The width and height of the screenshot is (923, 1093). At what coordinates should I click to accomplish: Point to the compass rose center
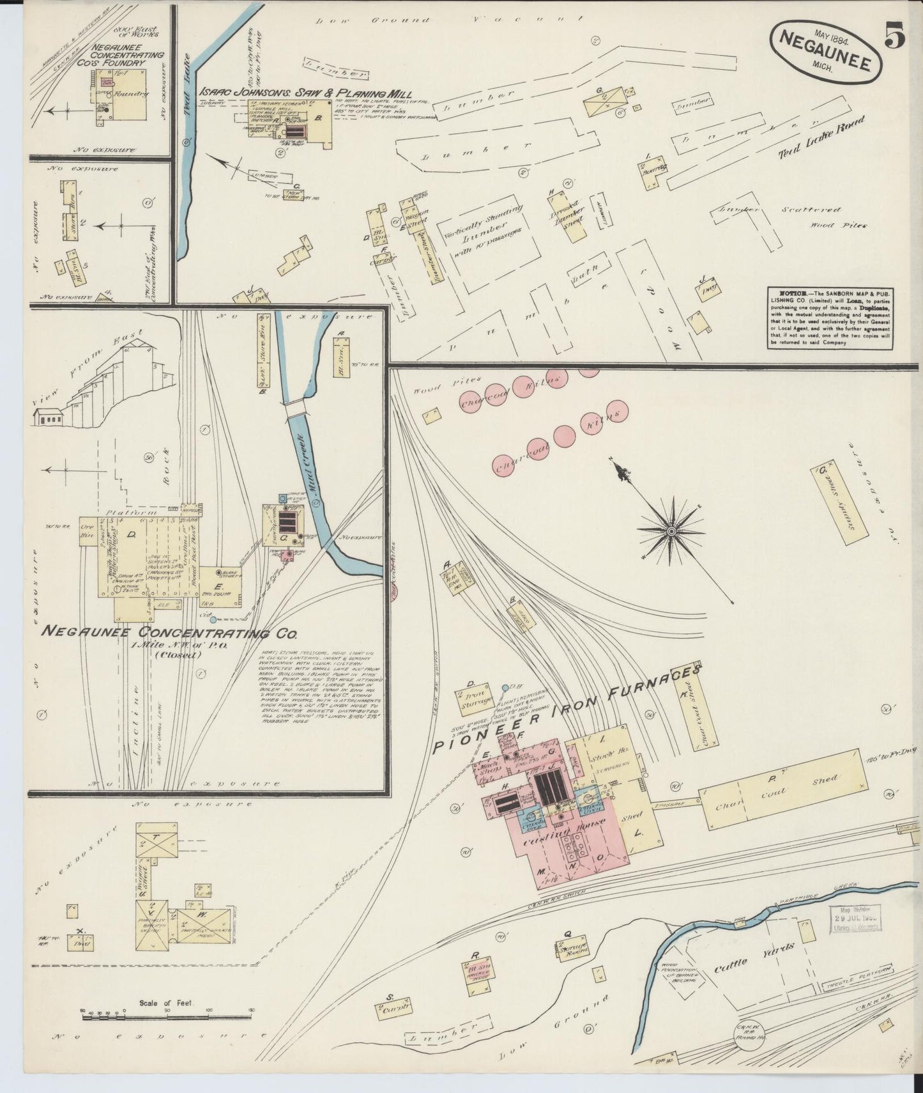671,530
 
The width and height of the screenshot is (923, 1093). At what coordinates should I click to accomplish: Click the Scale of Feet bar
166,1016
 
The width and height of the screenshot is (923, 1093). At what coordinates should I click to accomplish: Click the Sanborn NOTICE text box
830,318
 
